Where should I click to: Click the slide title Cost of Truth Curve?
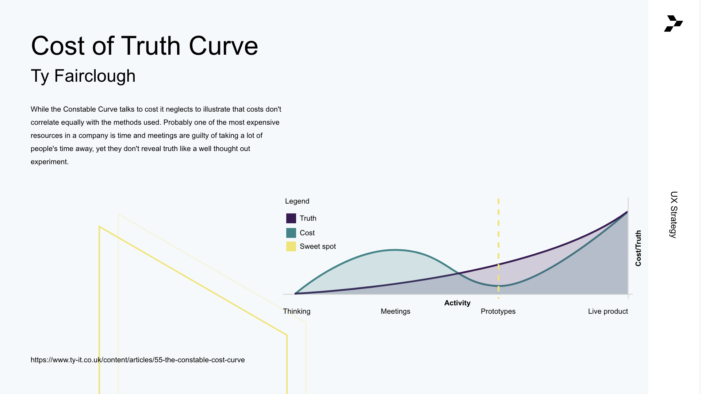click(145, 46)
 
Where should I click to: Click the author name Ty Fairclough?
click(83, 76)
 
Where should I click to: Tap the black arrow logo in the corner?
click(674, 23)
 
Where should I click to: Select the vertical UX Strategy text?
click(674, 215)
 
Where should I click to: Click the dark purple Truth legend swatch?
click(291, 218)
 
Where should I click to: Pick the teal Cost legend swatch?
click(291, 233)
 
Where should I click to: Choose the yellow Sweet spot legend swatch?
click(291, 246)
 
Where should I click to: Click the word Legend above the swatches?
click(297, 201)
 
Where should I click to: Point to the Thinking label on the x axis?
click(297, 311)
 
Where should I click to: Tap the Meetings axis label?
click(395, 311)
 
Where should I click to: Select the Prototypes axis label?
click(498, 311)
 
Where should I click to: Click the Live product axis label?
click(608, 311)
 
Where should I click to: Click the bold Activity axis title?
click(457, 303)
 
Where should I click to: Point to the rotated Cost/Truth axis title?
click(638, 248)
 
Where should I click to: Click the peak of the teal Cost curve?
click(395, 250)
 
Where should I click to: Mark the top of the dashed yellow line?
click(498, 199)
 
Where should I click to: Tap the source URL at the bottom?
click(138, 360)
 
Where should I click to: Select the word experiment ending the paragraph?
click(50, 162)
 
